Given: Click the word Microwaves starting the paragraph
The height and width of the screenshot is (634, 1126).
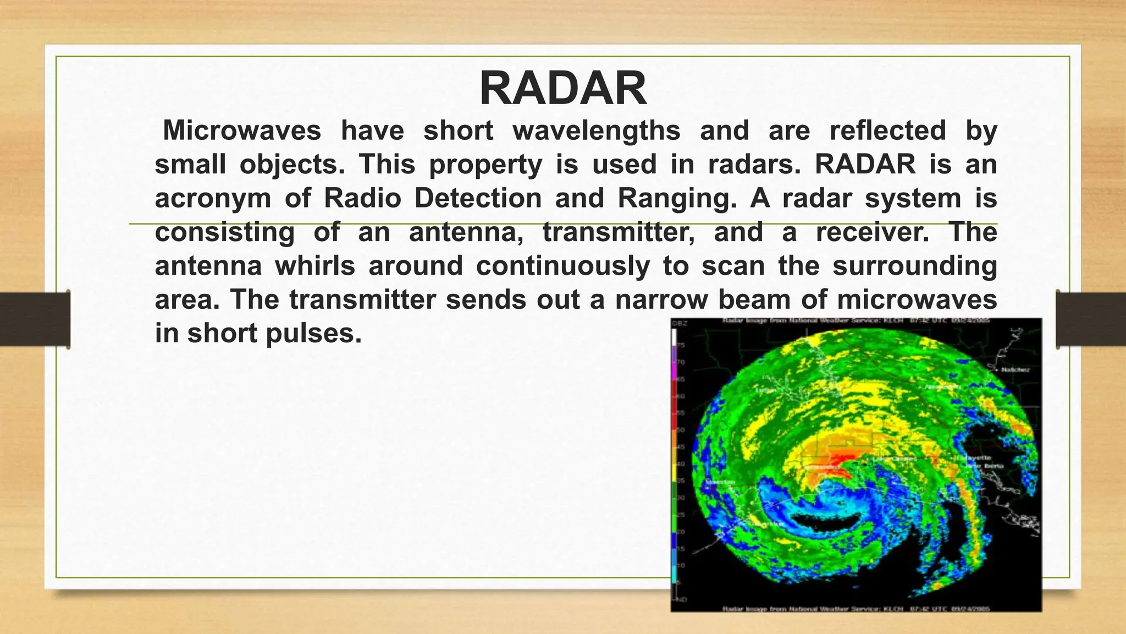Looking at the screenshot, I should [x=242, y=131].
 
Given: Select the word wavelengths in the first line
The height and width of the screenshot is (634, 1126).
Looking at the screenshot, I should [x=597, y=131].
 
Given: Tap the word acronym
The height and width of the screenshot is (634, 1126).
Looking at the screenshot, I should [x=213, y=199].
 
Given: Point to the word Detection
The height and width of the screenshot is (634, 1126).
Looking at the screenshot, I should [x=478, y=198].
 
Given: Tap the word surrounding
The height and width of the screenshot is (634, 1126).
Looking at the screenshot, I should [x=914, y=266].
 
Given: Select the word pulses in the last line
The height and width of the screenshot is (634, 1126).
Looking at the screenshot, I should [x=313, y=334].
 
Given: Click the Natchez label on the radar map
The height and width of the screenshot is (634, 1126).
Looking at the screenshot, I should [x=1014, y=370].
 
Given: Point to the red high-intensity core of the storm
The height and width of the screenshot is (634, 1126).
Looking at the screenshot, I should [x=841, y=457].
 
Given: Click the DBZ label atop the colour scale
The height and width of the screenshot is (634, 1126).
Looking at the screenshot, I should [x=680, y=324].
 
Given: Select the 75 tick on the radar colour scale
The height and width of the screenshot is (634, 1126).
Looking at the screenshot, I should [x=681, y=345].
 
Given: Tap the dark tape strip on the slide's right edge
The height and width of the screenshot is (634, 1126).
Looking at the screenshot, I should [x=1091, y=319].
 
